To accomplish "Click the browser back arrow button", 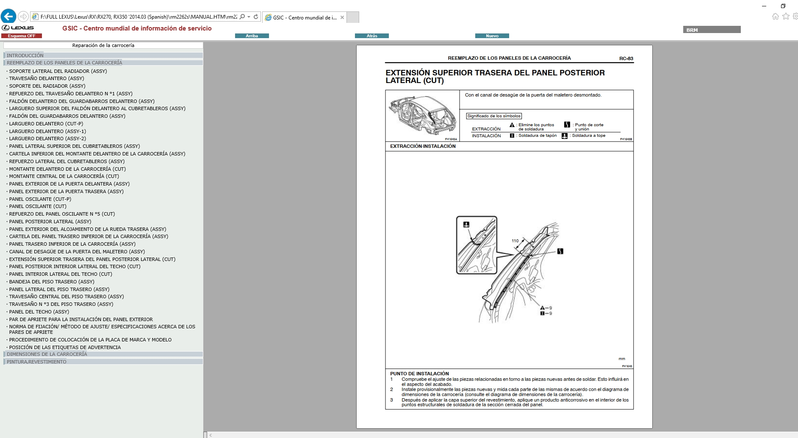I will click(x=8, y=17).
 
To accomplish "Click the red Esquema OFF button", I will click(x=22, y=36).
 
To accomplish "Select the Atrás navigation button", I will click(x=371, y=36).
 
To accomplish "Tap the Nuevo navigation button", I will click(x=492, y=36).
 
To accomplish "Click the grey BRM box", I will click(x=712, y=30).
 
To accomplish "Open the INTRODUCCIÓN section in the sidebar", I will click(x=25, y=55).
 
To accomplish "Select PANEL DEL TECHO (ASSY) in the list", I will click(x=39, y=312).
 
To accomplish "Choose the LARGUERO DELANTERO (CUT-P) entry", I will click(x=46, y=124).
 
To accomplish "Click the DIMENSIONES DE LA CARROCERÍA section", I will click(x=47, y=354).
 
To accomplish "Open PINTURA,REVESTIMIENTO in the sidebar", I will click(x=36, y=362).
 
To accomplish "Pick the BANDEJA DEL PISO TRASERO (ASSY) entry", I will click(x=52, y=282).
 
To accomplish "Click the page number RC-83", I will click(x=626, y=58).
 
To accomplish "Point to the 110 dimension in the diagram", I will click(x=515, y=241).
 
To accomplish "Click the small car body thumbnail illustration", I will click(x=422, y=115).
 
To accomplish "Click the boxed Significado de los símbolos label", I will click(x=494, y=116).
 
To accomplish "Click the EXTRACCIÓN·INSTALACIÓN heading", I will click(x=423, y=146).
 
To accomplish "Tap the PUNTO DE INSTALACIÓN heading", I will click(x=419, y=374).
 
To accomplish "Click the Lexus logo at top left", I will click(x=18, y=28).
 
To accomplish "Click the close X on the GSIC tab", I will click(x=342, y=17).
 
